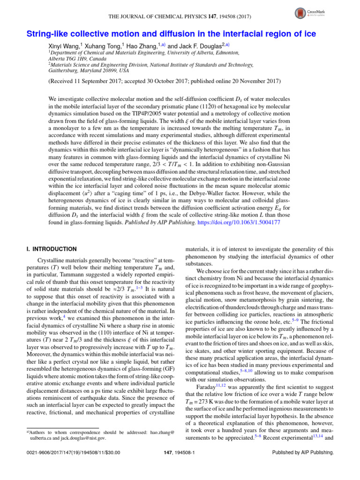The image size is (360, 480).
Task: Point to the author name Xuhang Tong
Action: pyautogui.click(x=104, y=46)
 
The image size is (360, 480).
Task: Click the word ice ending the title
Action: pyautogui.click(x=310, y=34)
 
